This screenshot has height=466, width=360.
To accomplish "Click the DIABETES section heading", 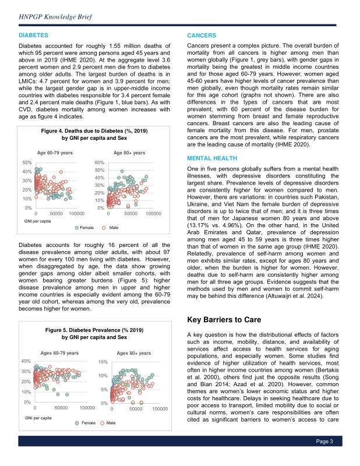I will (33, 36).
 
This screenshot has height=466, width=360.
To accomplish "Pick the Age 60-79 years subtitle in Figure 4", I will (55, 152).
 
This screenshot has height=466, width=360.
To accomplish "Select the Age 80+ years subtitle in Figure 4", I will (129, 152).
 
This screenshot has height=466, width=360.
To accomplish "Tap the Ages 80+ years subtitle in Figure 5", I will (134, 353).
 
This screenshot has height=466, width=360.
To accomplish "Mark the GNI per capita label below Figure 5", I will (37, 418).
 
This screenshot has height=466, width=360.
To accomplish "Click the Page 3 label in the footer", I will (324, 458).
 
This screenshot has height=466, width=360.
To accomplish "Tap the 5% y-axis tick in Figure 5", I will (104, 389).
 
